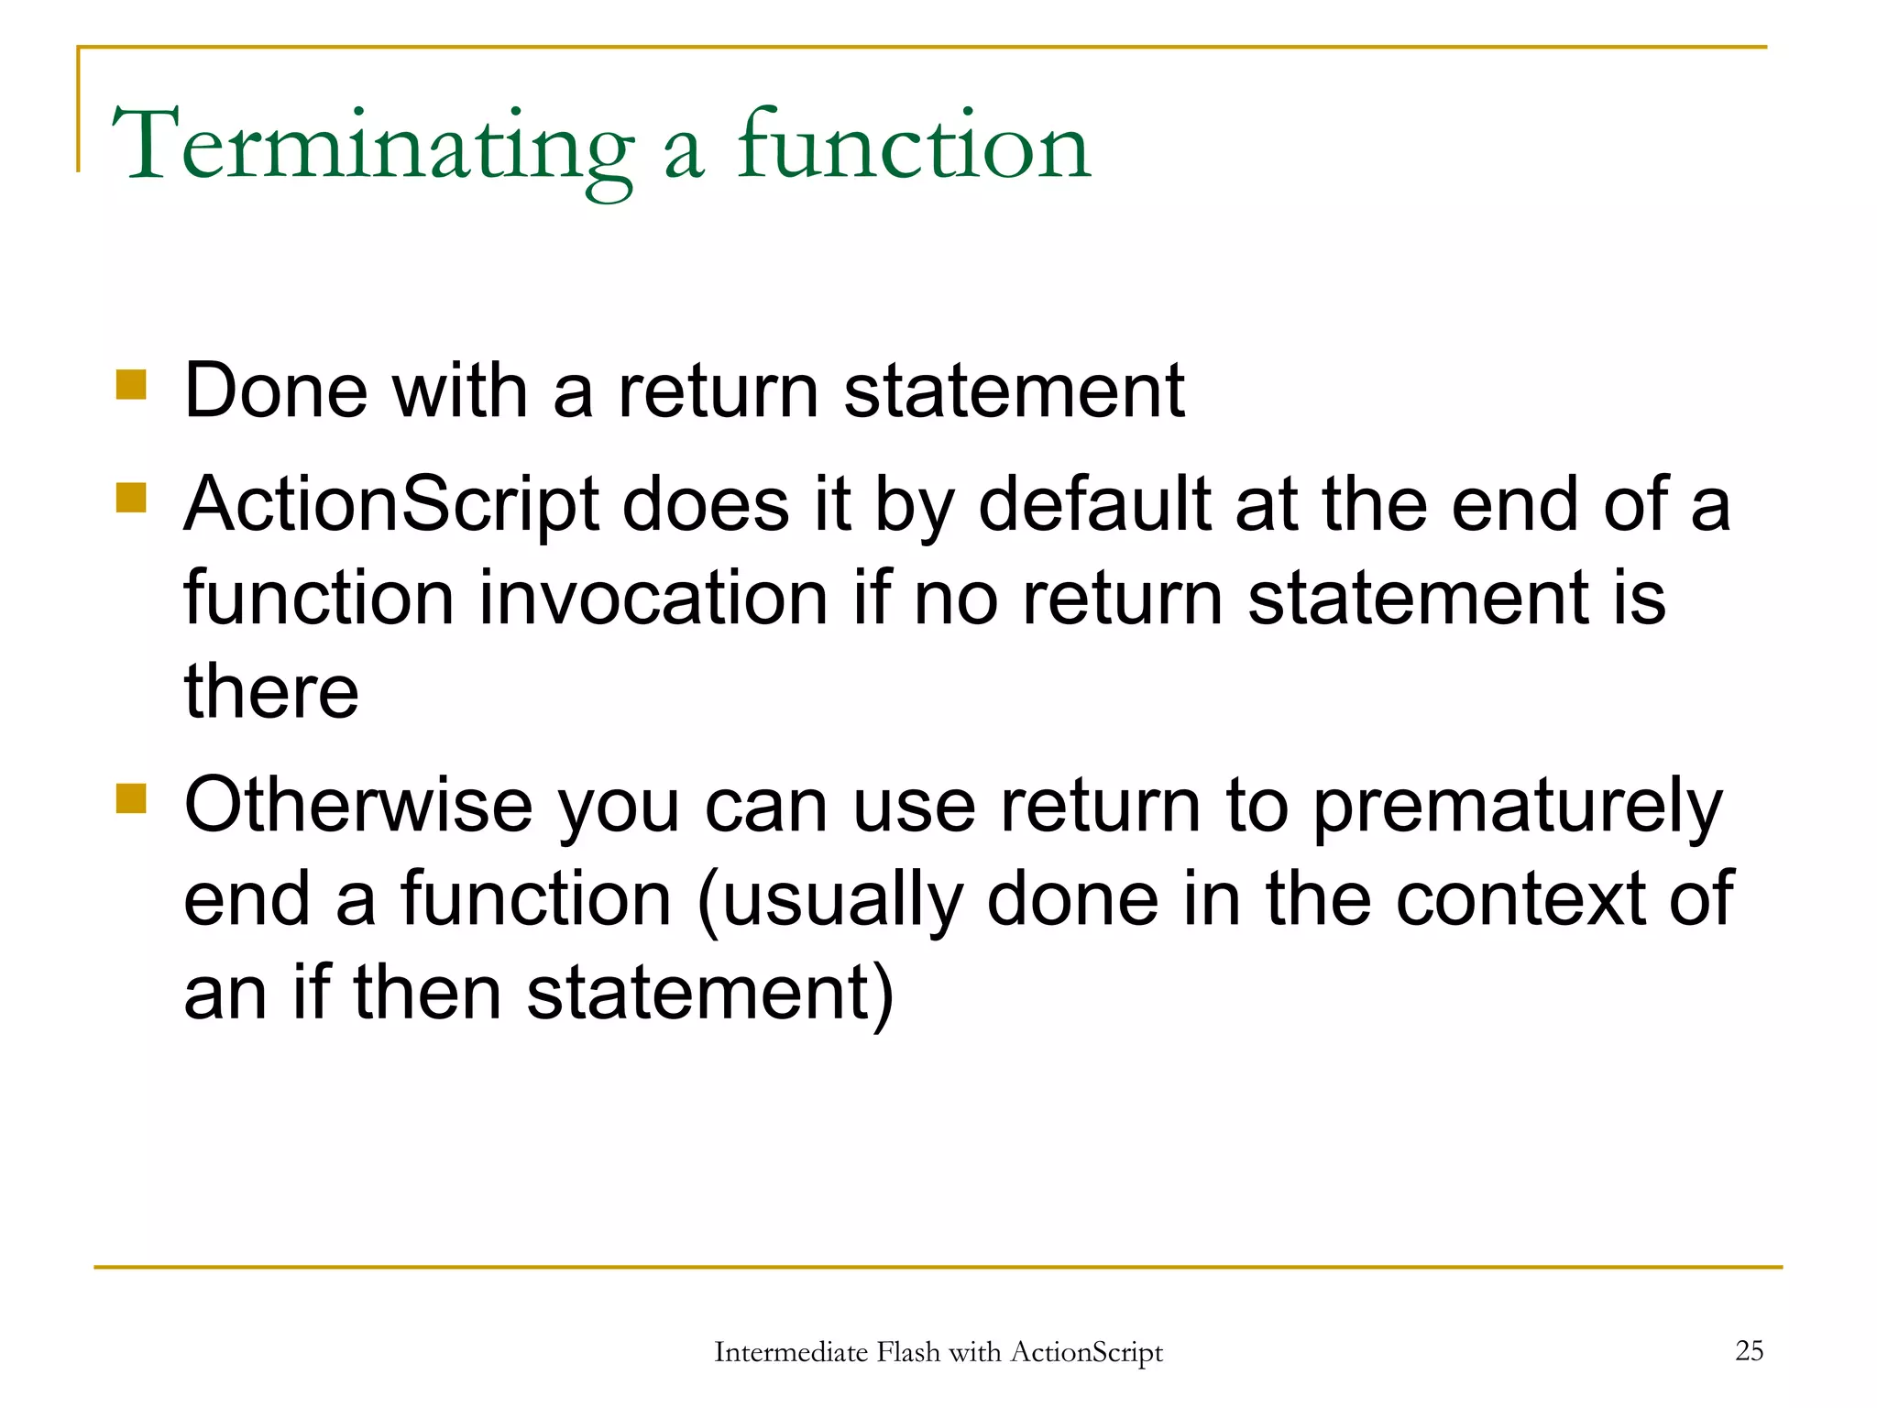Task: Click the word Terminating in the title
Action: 371,147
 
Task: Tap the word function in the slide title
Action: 914,147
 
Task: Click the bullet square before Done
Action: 132,385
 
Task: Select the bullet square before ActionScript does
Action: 132,499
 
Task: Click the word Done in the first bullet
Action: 276,391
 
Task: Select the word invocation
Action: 654,599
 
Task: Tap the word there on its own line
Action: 271,692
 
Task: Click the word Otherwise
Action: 357,805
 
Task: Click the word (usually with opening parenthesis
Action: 829,900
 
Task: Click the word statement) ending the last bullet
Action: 710,994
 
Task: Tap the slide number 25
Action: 1749,1350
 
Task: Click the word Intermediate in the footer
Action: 790,1352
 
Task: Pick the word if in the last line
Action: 311,994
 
